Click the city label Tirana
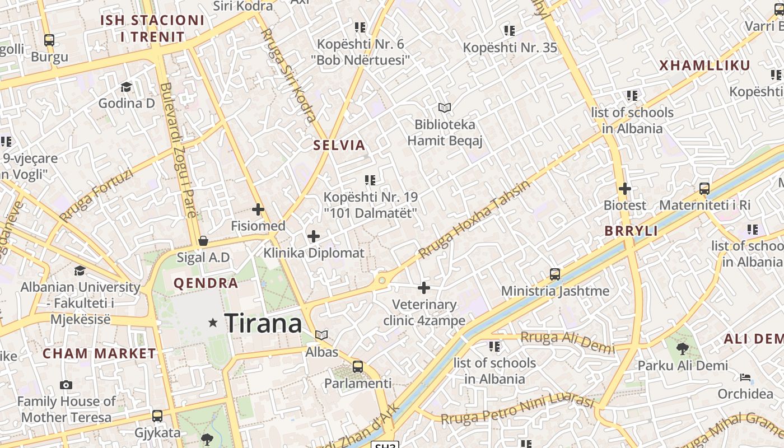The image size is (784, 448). click(x=263, y=323)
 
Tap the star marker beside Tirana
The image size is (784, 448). click(x=213, y=323)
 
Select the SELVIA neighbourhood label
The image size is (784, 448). click(x=339, y=145)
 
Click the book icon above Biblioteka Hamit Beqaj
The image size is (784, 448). click(x=445, y=108)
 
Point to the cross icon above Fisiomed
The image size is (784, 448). click(x=258, y=209)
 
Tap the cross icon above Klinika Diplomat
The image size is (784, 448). click(x=314, y=236)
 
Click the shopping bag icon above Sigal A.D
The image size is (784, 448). click(x=203, y=241)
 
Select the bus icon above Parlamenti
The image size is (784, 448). click(x=358, y=367)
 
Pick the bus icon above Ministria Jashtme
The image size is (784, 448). click(x=555, y=274)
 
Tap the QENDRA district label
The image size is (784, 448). click(x=206, y=283)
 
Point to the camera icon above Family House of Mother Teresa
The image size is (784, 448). click(x=66, y=385)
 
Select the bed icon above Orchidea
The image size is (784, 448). click(x=745, y=377)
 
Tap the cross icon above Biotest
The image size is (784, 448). click(x=625, y=189)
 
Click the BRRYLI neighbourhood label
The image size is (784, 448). click(x=631, y=231)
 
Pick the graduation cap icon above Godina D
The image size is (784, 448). click(x=127, y=87)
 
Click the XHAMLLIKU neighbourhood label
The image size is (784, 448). click(x=704, y=66)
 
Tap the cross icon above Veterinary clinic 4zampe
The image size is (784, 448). click(x=424, y=288)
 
